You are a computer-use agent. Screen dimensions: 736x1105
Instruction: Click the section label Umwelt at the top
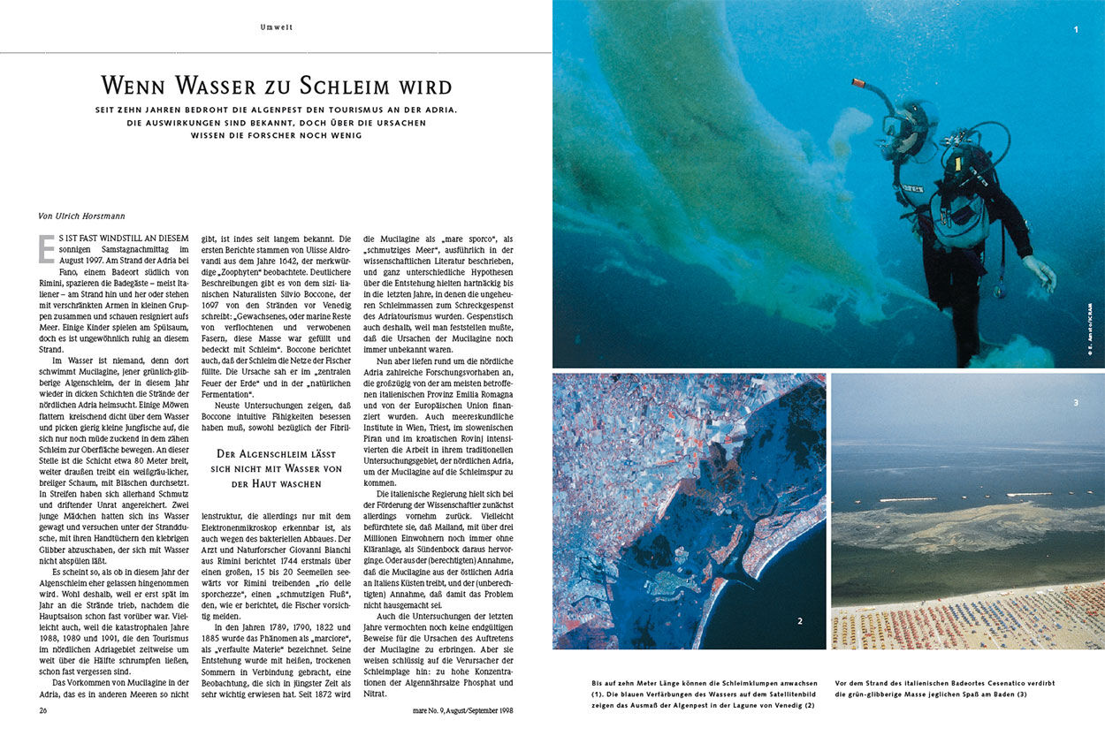tap(276, 27)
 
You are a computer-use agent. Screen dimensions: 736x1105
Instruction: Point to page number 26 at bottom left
tap(43, 709)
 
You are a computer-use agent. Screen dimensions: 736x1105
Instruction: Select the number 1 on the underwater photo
tap(1076, 29)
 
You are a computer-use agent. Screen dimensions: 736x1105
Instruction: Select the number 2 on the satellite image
tap(800, 621)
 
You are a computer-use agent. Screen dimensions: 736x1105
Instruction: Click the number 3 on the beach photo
tap(1076, 403)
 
